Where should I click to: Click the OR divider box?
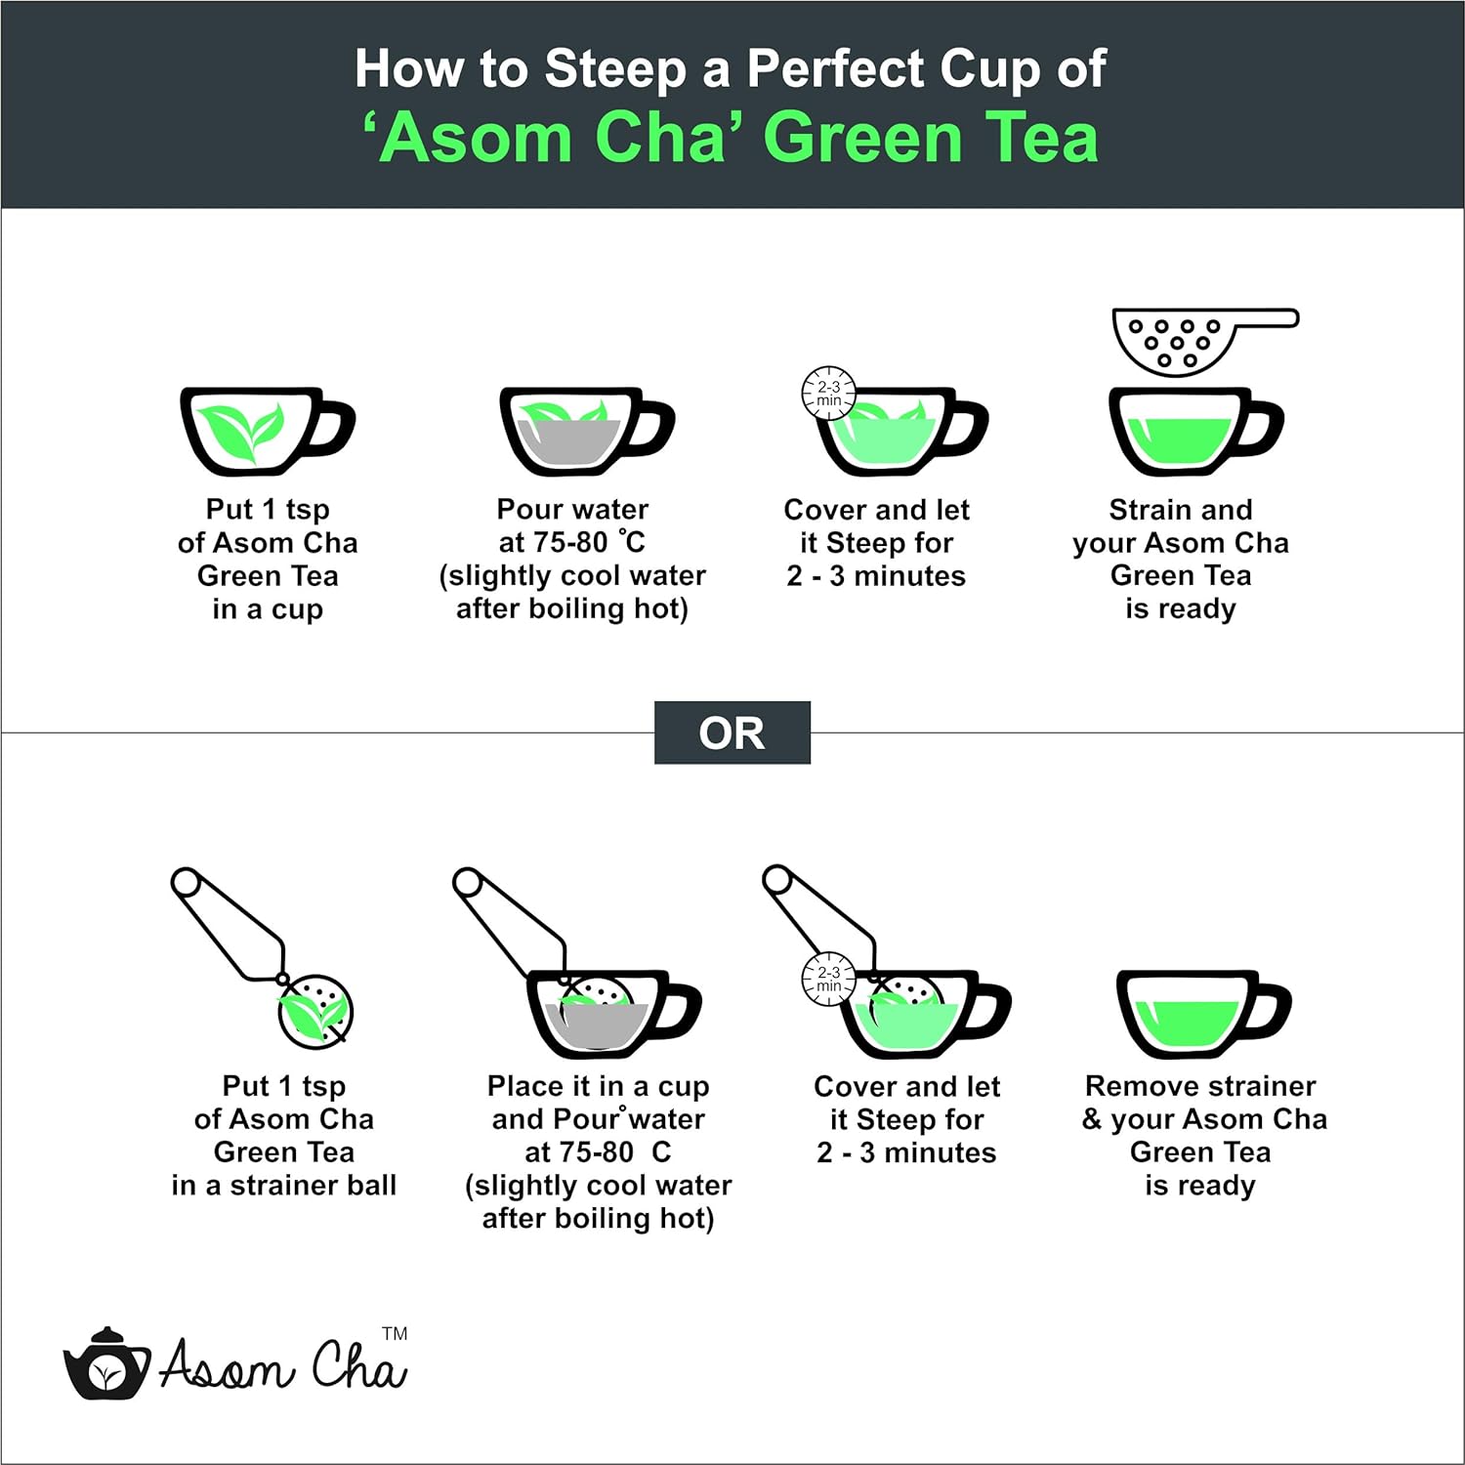coord(732,732)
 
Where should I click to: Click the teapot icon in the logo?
coord(106,1363)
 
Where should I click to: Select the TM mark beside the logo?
coord(395,1333)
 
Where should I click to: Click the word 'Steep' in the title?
coord(615,70)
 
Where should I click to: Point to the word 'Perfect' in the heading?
coord(836,70)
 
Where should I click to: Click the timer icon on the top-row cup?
coord(828,394)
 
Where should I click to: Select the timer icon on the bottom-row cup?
coord(828,979)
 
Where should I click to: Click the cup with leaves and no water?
coord(267,432)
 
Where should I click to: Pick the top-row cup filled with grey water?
coord(586,432)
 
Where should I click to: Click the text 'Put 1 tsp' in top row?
coord(268,510)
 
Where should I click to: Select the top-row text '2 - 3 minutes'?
coord(876,576)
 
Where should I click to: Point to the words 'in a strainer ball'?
coord(284,1186)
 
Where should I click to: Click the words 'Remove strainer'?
coord(1200,1086)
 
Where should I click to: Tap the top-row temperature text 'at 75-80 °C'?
coord(572,542)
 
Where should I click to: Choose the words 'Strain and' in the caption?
coord(1181,510)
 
